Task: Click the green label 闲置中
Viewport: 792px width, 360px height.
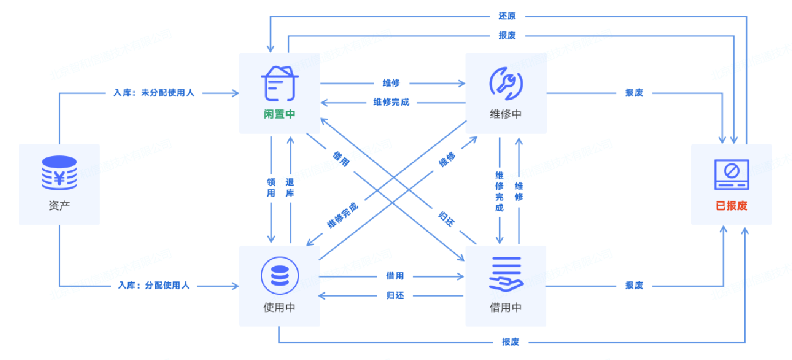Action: (279, 114)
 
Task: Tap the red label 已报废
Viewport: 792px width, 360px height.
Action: (731, 206)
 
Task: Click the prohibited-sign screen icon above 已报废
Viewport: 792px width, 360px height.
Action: (731, 174)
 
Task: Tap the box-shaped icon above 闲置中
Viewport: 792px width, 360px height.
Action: (279, 84)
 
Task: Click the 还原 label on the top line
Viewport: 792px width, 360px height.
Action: (507, 16)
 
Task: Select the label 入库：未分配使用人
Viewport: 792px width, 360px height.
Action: (154, 93)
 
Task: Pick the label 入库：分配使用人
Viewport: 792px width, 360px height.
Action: (154, 286)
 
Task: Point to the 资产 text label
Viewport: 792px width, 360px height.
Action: (59, 205)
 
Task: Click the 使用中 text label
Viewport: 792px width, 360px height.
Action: (279, 308)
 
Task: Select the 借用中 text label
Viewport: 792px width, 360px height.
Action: (505, 308)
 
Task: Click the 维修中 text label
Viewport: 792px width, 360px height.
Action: (505, 114)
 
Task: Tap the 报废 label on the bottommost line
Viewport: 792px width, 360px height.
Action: (510, 342)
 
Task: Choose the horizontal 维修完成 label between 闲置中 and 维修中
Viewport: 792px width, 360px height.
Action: (391, 102)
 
